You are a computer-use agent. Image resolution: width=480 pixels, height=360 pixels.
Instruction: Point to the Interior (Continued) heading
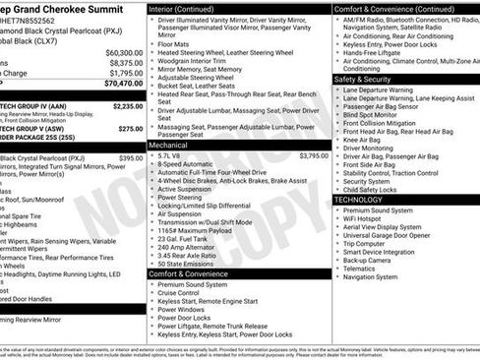click(x=187, y=8)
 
